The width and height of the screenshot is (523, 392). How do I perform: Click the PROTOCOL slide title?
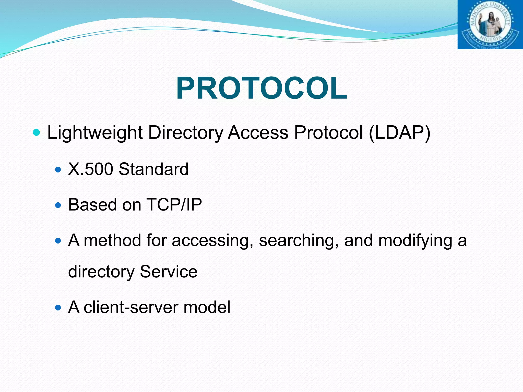click(x=261, y=88)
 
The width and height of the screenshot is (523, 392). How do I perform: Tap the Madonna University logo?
click(x=490, y=24)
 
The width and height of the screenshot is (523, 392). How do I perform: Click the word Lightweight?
click(x=95, y=133)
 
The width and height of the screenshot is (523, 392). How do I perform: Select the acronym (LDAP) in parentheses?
click(x=400, y=133)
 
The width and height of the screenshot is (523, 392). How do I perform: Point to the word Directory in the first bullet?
click(x=186, y=133)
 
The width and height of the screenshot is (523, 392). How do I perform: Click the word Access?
click(x=258, y=133)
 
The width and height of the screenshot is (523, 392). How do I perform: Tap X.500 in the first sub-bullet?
click(x=90, y=169)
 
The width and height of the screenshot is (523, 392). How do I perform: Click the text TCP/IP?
click(x=174, y=205)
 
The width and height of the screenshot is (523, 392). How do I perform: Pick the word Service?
click(x=169, y=272)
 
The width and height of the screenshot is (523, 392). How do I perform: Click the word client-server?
click(x=131, y=307)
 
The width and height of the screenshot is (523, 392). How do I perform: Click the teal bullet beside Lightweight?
click(x=37, y=132)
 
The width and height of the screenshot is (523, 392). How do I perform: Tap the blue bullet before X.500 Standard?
click(x=58, y=169)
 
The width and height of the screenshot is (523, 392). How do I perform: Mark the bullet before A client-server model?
click(x=58, y=308)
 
